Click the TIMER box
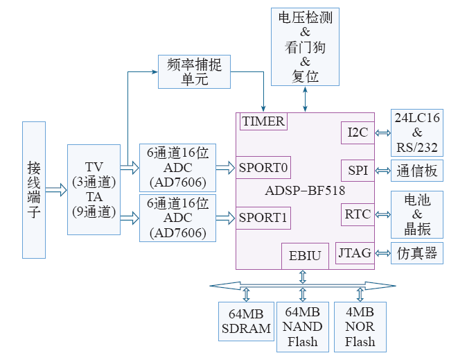pos(263,121)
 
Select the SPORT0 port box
pos(263,167)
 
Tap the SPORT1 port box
pos(263,218)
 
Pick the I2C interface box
pos(358,132)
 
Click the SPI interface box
pos(358,171)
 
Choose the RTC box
pos(358,214)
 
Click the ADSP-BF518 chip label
pos(306,190)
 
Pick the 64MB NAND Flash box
pos(302,326)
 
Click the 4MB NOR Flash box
pos(360,326)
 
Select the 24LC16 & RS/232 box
pos(417,132)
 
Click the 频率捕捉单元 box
pos(195,71)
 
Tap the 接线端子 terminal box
pos(34,190)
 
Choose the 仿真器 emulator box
pos(417,253)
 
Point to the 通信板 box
pos(417,171)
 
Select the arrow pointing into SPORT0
pos(226,167)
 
